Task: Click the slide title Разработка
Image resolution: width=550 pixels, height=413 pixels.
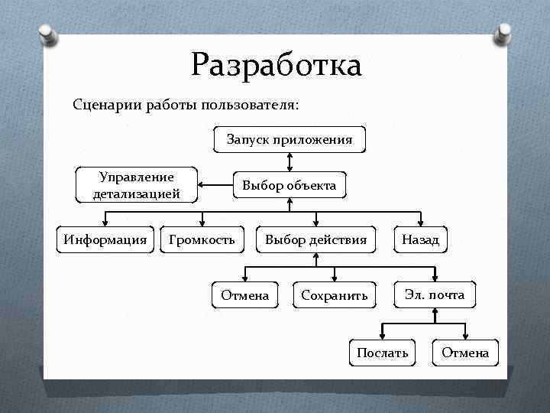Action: click(276, 65)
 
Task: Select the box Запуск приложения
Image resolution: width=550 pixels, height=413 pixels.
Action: click(289, 139)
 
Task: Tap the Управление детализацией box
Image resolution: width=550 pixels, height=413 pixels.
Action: click(137, 185)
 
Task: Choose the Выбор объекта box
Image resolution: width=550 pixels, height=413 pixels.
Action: click(289, 186)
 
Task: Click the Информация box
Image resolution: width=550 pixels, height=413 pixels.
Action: click(105, 240)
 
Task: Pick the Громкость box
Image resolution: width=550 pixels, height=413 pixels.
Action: click(202, 240)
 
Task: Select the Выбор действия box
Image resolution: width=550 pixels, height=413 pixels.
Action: click(315, 240)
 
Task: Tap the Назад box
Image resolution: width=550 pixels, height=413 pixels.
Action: click(420, 240)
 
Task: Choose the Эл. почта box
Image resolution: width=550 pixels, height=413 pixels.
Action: click(435, 294)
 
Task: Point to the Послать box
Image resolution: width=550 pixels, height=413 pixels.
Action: click(382, 353)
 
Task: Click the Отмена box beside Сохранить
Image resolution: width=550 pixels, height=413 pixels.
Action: click(244, 294)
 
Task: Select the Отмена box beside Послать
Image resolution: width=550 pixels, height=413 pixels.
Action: click(464, 353)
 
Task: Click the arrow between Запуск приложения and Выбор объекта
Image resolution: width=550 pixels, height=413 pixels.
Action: click(289, 161)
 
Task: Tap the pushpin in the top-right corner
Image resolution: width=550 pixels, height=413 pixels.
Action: click(504, 33)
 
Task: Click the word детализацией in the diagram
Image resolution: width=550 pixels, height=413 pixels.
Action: click(137, 193)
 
